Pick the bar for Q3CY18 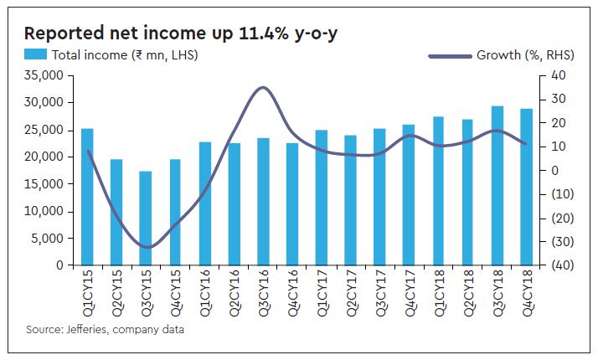tap(497, 185)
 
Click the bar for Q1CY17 tap(322, 198)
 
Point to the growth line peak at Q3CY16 tap(263, 88)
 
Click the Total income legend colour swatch tap(36, 55)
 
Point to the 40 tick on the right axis tap(558, 76)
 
